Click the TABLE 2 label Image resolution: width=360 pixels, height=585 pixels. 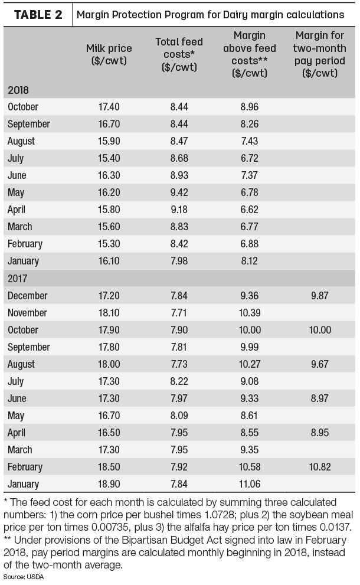tap(38, 15)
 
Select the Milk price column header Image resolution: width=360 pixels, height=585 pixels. tap(109, 54)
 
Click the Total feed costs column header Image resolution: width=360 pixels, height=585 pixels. tap(179, 54)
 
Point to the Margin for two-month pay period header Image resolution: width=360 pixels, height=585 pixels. tap(320, 54)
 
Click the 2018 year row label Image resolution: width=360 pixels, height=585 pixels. tap(18, 90)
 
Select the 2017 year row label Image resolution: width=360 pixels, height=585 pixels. tap(18, 278)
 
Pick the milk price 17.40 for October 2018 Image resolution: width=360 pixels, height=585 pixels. tap(109, 107)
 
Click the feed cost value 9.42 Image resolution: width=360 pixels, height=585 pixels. tap(179, 192)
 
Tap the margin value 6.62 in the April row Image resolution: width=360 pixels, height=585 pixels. tap(249, 210)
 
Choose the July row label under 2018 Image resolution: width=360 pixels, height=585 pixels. tap(16, 159)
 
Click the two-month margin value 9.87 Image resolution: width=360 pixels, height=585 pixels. tap(320, 296)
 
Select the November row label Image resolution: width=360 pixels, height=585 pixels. tap(27, 313)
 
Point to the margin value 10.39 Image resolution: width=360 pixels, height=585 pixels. tap(249, 313)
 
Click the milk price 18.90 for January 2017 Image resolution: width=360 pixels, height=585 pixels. tap(109, 484)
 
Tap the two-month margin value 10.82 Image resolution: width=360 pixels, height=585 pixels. tap(320, 467)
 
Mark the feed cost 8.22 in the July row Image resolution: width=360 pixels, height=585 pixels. tap(179, 381)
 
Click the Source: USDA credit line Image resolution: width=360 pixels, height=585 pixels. tap(24, 577)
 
